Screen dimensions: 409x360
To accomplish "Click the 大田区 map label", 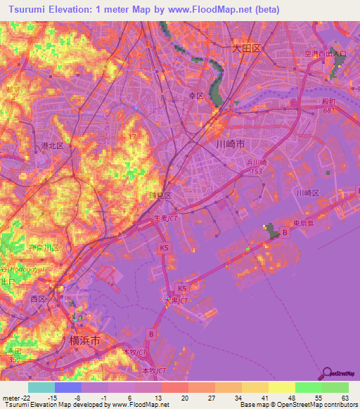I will tap(246, 48).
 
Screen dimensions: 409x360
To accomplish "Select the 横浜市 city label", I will tap(85, 340).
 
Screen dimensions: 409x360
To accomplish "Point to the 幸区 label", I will tap(195, 95).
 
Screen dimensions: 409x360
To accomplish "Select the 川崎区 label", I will tap(307, 193).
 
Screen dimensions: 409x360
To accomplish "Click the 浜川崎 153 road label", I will tap(256, 166).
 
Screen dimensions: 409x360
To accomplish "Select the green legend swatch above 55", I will tap(308, 387).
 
